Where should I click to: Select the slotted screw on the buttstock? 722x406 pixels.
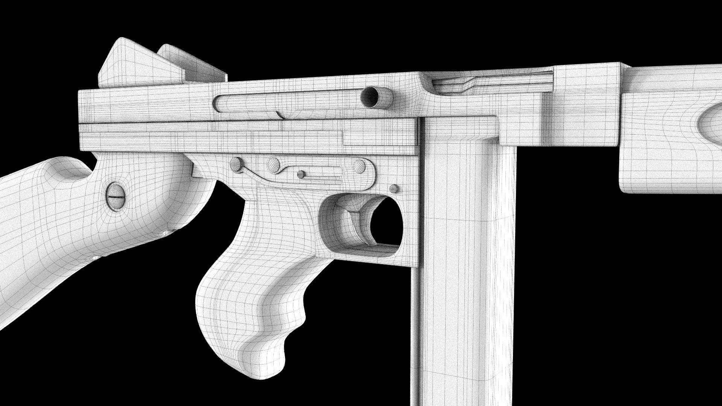click(116, 196)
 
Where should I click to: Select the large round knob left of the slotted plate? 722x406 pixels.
click(273, 165)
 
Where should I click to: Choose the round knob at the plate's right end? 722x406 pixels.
click(359, 165)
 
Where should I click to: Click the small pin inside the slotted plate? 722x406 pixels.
click(301, 174)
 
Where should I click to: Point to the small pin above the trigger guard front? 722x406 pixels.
click(394, 188)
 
